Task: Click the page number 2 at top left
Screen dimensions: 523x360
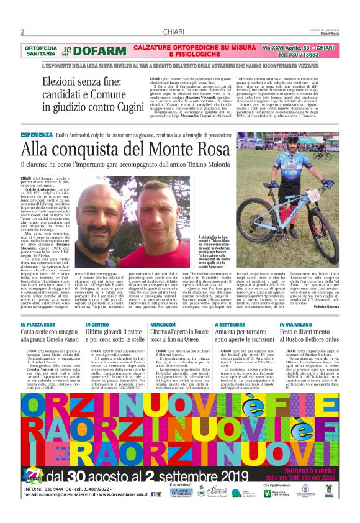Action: tap(23, 32)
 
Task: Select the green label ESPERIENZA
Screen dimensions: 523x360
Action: tap(36, 135)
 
